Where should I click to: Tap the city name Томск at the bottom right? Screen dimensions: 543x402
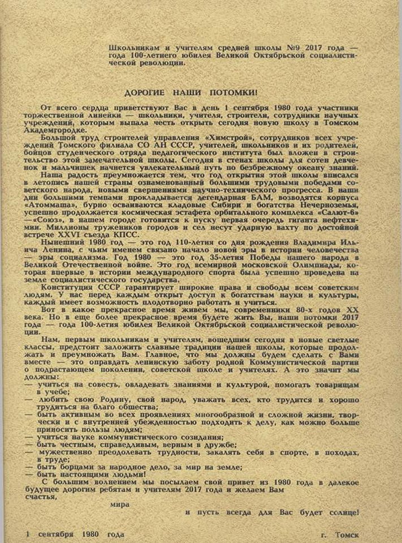(346, 534)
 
